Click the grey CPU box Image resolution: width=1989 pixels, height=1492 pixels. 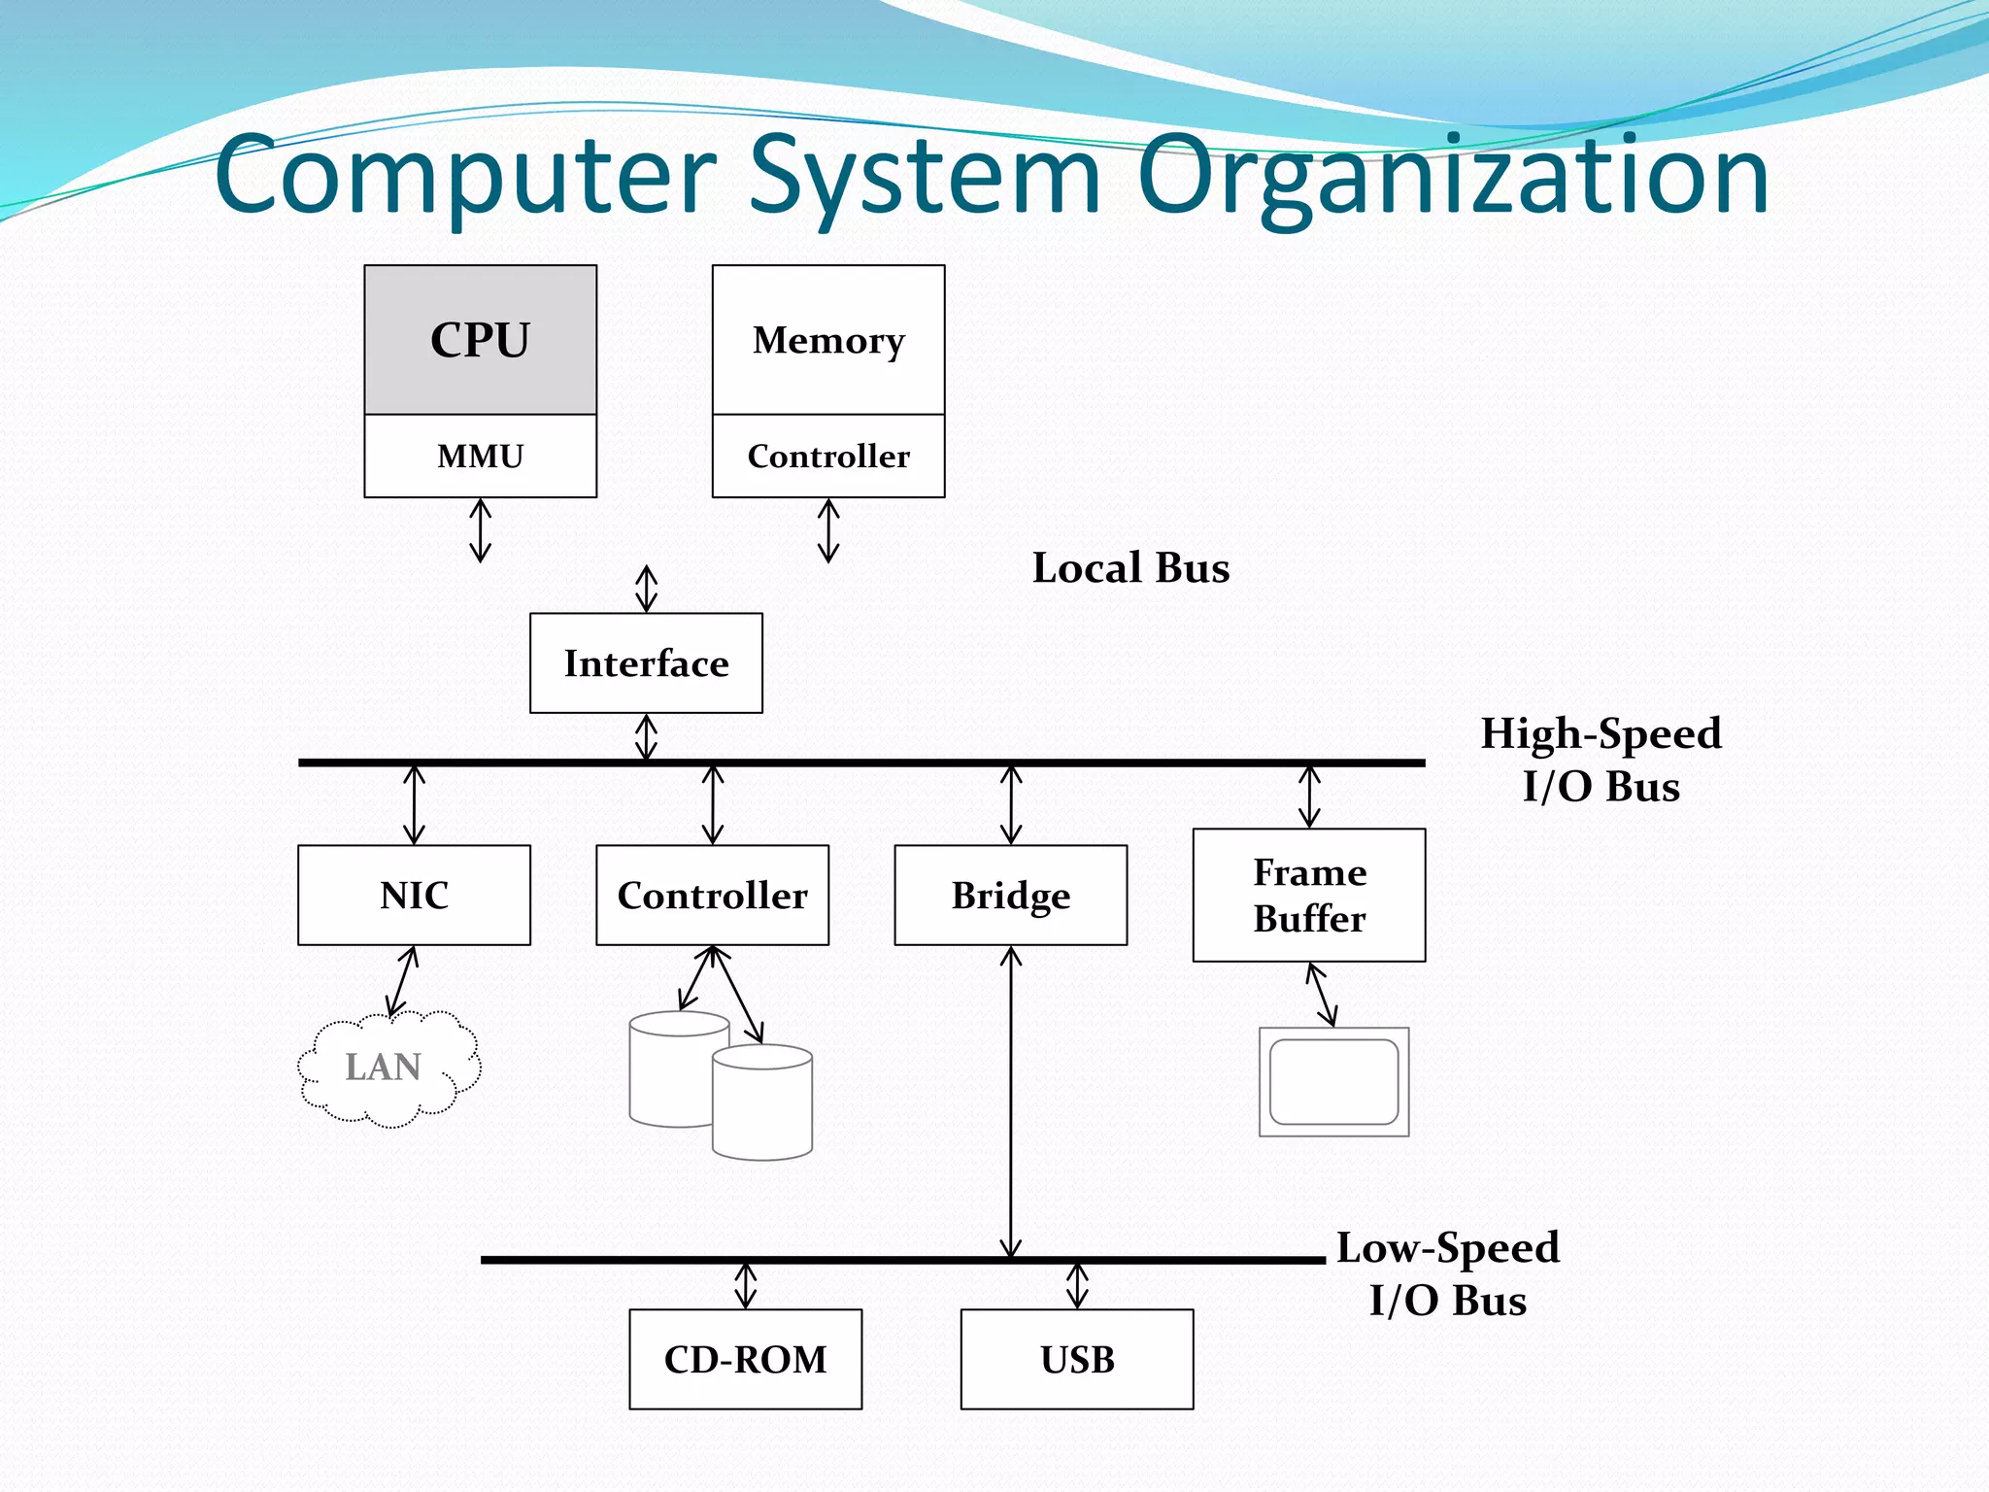click(480, 340)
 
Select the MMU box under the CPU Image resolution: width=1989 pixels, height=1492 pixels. click(480, 456)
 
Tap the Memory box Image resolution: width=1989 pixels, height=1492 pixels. click(827, 340)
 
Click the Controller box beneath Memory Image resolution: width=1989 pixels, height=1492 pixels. click(827, 456)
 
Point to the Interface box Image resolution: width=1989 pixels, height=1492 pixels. click(646, 663)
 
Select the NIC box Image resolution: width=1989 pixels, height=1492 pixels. click(414, 895)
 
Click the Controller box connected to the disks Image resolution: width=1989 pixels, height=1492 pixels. click(712, 895)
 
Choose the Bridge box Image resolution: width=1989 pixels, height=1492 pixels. click(1010, 895)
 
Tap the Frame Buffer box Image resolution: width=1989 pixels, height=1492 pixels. click(1308, 895)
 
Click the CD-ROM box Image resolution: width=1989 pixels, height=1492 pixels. click(745, 1359)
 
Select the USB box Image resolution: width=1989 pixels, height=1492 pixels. click(1076, 1359)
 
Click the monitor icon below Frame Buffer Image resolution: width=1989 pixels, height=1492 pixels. click(1333, 1081)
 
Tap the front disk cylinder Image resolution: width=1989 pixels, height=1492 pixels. click(762, 1107)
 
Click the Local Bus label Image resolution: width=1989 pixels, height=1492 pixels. click(1130, 568)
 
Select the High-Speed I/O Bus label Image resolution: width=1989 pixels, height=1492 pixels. click(1601, 760)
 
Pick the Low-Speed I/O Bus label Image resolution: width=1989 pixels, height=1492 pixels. click(1447, 1273)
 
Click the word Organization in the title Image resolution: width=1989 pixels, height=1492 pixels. click(1452, 177)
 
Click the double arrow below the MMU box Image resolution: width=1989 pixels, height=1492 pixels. click(480, 530)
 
